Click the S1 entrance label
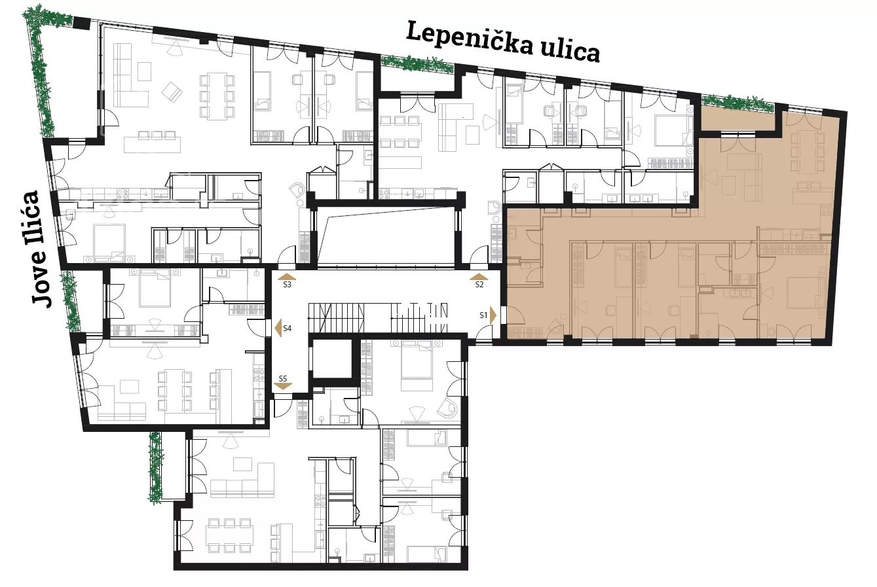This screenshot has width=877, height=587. coord(483,315)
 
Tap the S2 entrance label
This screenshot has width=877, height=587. coord(479,285)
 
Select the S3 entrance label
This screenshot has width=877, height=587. coord(287,285)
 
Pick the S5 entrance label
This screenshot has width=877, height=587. coord(283,378)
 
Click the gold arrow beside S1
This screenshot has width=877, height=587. coord(493,315)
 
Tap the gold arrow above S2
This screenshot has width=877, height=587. coord(479,276)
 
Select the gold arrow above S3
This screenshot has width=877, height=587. coord(287,276)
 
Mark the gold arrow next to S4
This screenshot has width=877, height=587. coord(278,327)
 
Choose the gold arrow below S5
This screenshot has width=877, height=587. coord(283,387)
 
